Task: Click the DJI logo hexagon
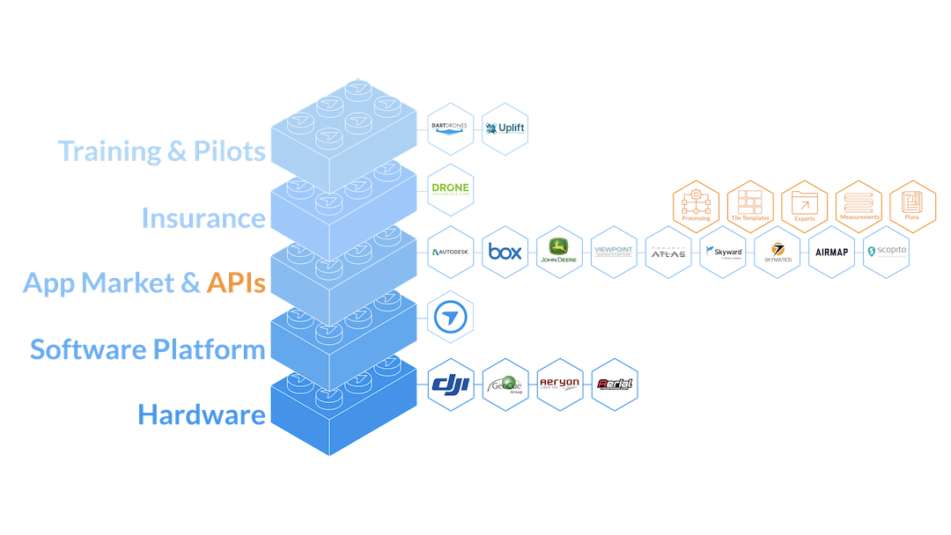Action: pyautogui.click(x=451, y=385)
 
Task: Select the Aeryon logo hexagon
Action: pyautogui.click(x=560, y=385)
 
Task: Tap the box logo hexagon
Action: pyautogui.click(x=505, y=253)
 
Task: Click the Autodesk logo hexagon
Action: pyautogui.click(x=451, y=253)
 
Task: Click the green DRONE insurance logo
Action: pyautogui.click(x=451, y=190)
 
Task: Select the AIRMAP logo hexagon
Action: pyautogui.click(x=832, y=253)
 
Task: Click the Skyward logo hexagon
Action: pyautogui.click(x=724, y=253)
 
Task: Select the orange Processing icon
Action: pyautogui.click(x=696, y=206)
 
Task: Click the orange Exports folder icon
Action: pyautogui.click(x=804, y=206)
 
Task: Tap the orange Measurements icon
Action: pyautogui.click(x=858, y=206)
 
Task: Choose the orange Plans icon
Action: pyautogui.click(x=912, y=206)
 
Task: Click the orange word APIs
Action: pyautogui.click(x=235, y=283)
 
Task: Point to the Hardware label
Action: pyautogui.click(x=201, y=414)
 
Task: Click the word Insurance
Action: pyautogui.click(x=203, y=217)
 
